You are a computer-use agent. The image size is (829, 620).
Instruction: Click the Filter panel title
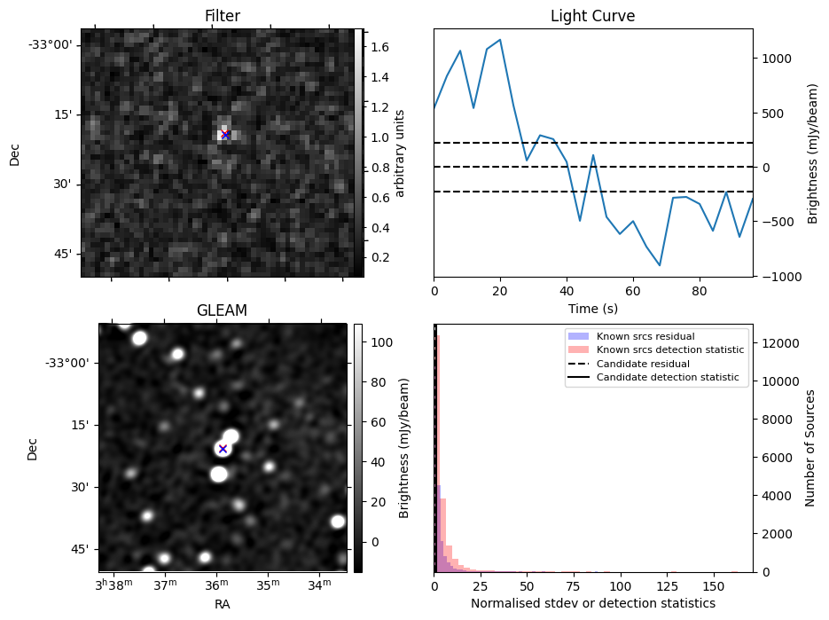(222, 16)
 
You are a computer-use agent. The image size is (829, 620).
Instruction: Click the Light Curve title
(592, 16)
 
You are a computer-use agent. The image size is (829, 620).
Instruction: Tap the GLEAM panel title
(222, 310)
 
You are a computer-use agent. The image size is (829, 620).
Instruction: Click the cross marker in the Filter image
(225, 135)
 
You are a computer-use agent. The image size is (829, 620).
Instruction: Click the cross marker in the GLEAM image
(223, 449)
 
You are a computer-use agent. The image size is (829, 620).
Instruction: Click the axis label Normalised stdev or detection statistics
(592, 604)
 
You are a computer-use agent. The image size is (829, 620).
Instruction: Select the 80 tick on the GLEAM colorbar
(372, 382)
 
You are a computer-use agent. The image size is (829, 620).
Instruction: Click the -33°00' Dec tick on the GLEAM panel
(67, 363)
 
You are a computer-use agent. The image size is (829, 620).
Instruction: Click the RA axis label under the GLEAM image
(222, 604)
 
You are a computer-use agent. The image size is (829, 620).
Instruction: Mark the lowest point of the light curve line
(660, 265)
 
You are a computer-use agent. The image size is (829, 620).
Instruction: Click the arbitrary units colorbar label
(400, 153)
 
